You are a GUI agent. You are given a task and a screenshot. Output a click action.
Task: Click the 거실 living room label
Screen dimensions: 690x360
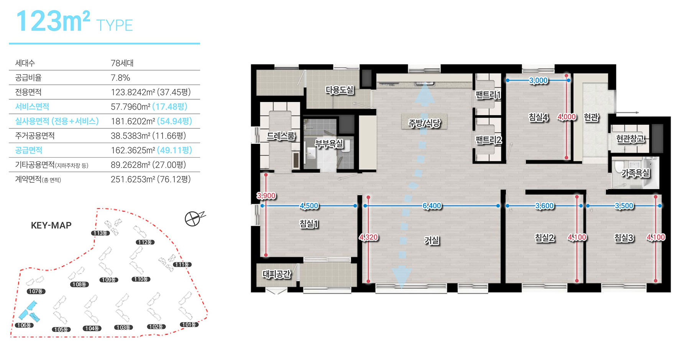coord(432,240)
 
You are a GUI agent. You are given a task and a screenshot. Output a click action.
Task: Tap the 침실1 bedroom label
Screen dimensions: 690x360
coord(309,224)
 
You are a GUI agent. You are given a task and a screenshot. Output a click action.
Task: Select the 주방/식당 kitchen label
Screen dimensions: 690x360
coord(424,123)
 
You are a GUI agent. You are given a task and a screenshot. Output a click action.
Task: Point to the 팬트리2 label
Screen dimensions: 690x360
coord(488,140)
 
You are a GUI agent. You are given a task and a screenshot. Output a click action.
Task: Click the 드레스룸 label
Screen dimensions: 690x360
coord(281,136)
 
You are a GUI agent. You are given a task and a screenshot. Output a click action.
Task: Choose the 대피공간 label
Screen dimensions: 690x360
coord(276,274)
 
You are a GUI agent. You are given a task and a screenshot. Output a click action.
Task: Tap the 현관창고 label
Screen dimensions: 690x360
coord(630,138)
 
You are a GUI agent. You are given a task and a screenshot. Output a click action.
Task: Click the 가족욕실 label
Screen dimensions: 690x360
coord(636,173)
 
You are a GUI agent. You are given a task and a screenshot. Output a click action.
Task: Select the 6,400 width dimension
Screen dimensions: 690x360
coord(432,206)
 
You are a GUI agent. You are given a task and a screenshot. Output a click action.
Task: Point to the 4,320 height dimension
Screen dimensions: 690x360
coord(368,237)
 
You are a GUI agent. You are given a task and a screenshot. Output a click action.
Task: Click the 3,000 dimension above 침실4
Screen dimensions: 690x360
coord(538,81)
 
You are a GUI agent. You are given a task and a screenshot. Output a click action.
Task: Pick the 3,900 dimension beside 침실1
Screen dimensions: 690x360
coord(266,196)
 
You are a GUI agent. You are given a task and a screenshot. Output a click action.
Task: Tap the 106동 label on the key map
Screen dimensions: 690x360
coord(24,325)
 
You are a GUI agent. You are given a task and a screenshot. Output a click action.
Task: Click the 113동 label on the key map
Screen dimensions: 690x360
coord(100,233)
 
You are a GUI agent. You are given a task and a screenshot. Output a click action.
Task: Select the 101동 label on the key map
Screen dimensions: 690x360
coord(189,324)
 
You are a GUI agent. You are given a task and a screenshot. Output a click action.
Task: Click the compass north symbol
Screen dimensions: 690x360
coord(194,219)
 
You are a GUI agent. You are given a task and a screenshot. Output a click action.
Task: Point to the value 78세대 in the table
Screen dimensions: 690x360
coord(122,63)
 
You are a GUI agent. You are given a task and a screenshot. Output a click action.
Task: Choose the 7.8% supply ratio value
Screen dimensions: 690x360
coord(120,78)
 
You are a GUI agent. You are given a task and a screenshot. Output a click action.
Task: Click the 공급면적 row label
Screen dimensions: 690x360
coord(29,150)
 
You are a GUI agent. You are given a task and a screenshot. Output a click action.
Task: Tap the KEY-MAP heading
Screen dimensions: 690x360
coord(51,225)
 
